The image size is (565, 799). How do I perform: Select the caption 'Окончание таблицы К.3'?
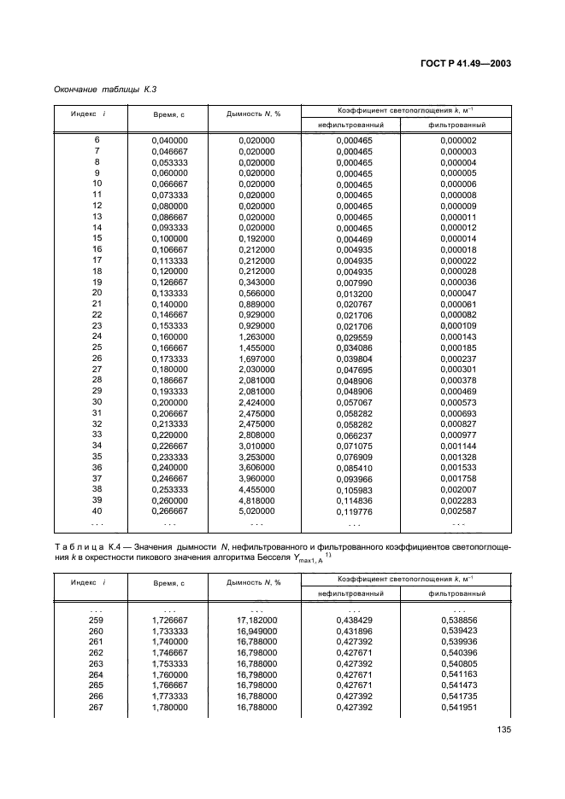tap(105, 89)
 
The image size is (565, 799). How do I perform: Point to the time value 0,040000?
tap(170, 140)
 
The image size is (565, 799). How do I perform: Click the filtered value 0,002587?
tap(458, 511)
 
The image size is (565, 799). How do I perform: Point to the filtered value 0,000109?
tap(458, 325)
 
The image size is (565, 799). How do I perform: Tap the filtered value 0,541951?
tap(458, 708)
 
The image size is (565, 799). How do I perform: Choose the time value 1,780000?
tap(170, 708)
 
